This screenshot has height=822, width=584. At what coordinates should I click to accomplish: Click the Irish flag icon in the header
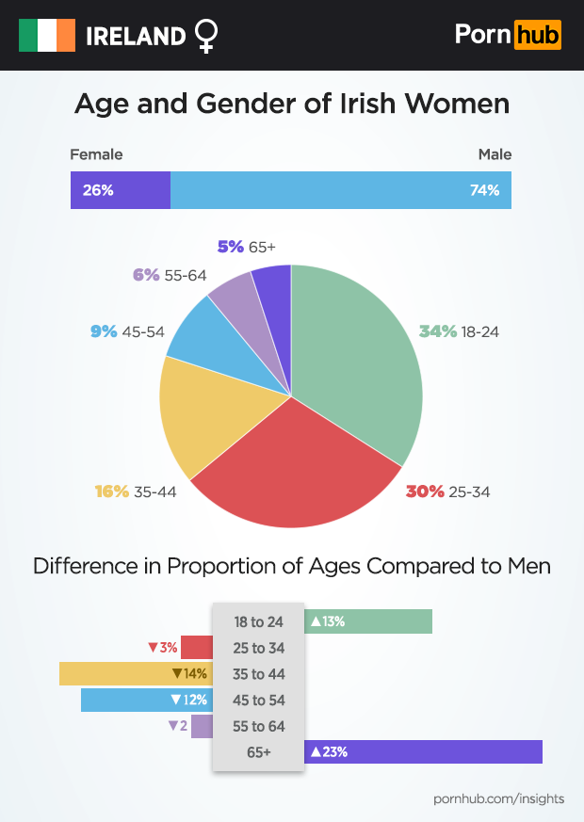[47, 36]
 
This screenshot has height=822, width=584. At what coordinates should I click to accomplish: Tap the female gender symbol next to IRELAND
[205, 36]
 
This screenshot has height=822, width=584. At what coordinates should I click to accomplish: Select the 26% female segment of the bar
[121, 190]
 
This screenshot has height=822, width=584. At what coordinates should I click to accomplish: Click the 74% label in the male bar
[484, 190]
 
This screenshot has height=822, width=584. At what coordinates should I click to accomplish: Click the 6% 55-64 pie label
[170, 275]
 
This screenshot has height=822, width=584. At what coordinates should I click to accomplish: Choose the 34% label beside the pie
[438, 331]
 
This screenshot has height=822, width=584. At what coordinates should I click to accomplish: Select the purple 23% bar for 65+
[424, 751]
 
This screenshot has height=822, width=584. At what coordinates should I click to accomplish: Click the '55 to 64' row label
[258, 726]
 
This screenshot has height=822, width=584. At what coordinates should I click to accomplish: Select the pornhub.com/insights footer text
[498, 798]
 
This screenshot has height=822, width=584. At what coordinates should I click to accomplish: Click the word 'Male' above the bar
[495, 154]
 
